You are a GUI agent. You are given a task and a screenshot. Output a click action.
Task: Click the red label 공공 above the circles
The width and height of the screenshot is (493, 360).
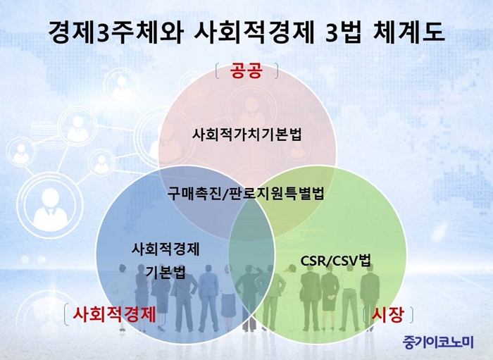coord(246,70)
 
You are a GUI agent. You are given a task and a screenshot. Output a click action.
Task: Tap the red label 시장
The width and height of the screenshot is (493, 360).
coord(387,315)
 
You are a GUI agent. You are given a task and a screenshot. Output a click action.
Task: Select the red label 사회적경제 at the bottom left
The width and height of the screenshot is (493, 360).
coord(114,314)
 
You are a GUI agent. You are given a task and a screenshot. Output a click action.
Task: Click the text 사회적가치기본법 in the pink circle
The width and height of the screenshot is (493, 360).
coord(246,135)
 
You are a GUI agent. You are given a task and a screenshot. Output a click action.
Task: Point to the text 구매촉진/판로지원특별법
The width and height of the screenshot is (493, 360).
coord(246,193)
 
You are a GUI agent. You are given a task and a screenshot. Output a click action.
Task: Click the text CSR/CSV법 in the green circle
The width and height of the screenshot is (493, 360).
coord(336,261)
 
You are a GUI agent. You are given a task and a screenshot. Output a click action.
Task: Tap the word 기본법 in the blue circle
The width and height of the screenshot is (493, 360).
coord(166,272)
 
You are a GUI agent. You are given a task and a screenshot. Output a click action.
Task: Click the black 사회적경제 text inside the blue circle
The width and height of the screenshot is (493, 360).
coord(166,249)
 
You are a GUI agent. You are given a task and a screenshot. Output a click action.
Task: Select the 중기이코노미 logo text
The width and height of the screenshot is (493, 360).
coord(438,342)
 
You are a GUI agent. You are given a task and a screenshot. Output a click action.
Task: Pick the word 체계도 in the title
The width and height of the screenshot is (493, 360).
coord(408,32)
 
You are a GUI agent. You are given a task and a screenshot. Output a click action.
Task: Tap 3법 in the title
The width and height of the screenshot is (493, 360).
coord(343,32)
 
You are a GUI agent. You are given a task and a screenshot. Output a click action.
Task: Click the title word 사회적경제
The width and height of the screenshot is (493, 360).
coord(254,32)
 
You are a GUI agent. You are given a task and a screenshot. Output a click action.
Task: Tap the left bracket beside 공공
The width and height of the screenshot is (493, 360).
coord(218,70)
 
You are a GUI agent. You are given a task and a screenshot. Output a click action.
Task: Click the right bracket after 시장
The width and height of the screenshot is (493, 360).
coord(411,316)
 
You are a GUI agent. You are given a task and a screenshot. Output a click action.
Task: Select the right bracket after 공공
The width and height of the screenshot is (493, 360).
coord(276,70)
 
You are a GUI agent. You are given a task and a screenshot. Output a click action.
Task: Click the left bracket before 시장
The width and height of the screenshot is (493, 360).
coord(366,316)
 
